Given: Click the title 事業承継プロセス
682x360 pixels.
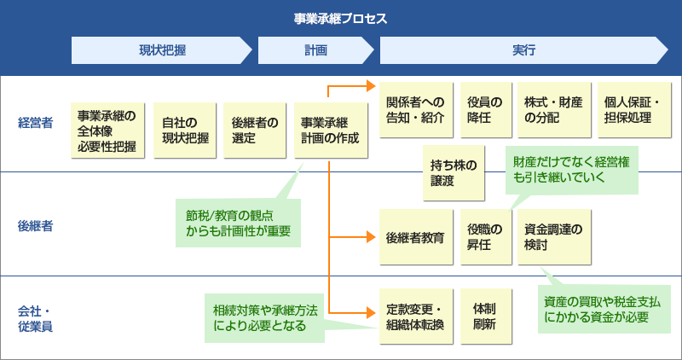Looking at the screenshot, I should [x=340, y=18].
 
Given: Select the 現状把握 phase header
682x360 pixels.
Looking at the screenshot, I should [x=162, y=51].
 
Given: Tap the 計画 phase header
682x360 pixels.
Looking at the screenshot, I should [x=315, y=51].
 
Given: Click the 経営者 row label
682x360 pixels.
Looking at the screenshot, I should [x=35, y=123].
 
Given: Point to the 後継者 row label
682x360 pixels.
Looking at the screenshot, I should [x=35, y=226].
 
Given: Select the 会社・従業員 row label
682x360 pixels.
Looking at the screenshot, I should [x=35, y=317].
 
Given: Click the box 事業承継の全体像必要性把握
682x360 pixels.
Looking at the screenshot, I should [x=107, y=131].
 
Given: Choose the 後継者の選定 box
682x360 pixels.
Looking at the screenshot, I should [x=253, y=131].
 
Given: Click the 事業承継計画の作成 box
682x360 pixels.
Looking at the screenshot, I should [x=330, y=131].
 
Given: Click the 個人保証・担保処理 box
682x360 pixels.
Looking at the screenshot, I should [x=634, y=110].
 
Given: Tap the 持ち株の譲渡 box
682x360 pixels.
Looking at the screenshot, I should [x=454, y=172].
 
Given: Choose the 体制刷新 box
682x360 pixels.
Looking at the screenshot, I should [x=485, y=316].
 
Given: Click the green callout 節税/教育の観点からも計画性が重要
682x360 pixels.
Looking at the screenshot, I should [x=238, y=223].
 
